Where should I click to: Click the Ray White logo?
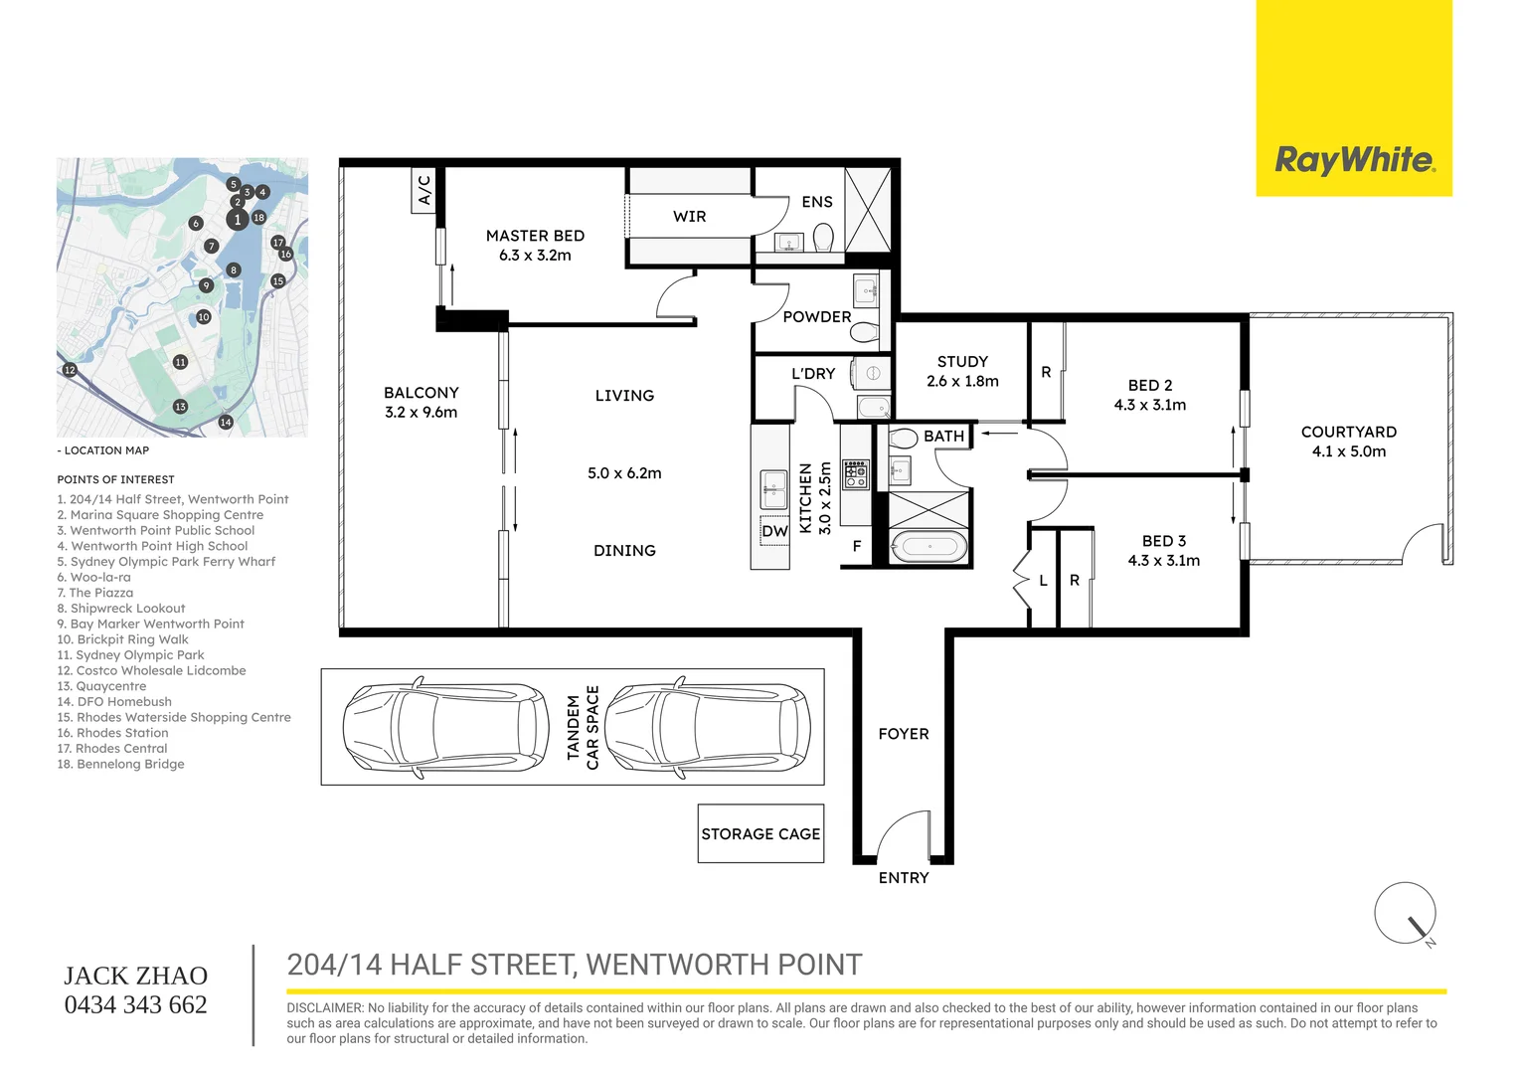click(1354, 159)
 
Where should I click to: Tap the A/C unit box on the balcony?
click(424, 190)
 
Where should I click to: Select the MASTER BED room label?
click(535, 236)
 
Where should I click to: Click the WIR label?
click(689, 217)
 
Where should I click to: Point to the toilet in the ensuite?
click(823, 238)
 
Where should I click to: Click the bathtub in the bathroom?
click(928, 547)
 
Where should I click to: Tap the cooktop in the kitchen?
click(855, 474)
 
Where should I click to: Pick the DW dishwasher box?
click(774, 531)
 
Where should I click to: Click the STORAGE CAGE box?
click(760, 833)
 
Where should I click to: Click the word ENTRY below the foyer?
click(904, 878)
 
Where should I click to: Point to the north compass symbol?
click(1406, 914)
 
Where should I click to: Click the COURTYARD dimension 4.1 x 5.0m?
click(1348, 451)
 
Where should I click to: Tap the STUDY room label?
click(962, 362)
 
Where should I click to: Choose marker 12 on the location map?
click(70, 370)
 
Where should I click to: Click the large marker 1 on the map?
click(237, 220)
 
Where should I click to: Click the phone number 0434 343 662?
click(136, 1005)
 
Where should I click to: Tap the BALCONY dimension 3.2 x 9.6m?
click(421, 413)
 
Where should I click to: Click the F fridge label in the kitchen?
click(857, 546)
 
